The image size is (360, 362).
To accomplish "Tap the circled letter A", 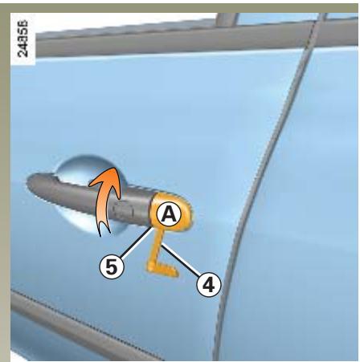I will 167,214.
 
